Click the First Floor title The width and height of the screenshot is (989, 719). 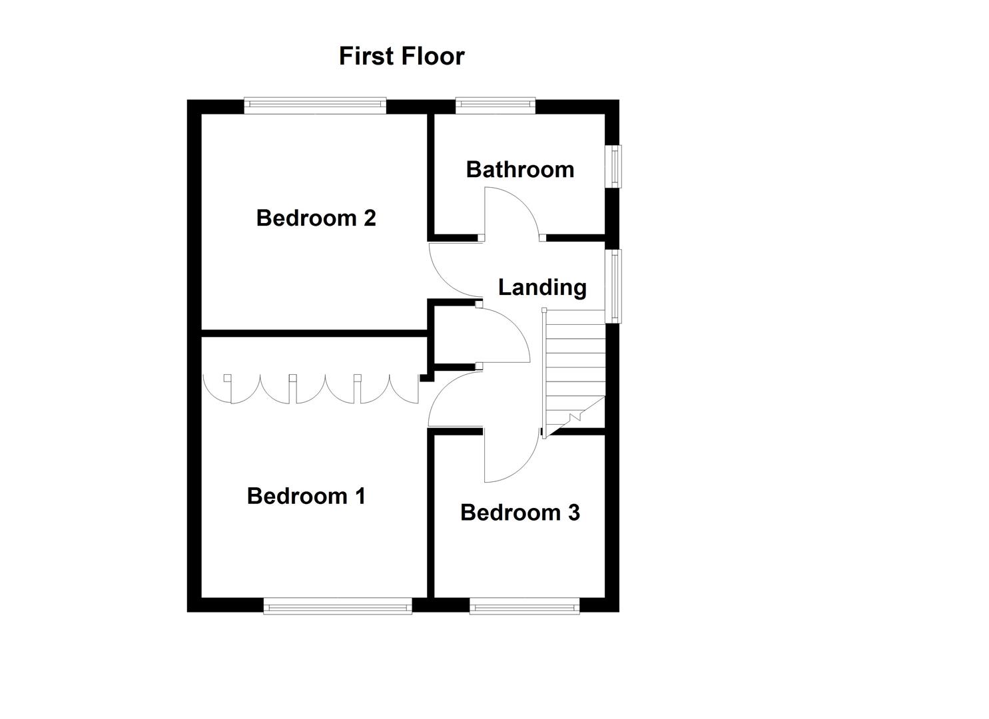pos(402,56)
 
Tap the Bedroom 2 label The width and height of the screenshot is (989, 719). pos(316,218)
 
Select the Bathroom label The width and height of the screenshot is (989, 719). pos(519,169)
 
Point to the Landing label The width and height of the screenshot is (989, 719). pos(542,287)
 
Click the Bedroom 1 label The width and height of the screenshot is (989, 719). pos(306,496)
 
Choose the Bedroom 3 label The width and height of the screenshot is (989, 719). pos(519,513)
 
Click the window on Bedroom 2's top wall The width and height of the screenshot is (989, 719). pos(315,105)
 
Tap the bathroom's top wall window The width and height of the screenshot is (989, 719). pos(495,105)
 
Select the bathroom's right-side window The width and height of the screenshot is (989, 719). pos(613,166)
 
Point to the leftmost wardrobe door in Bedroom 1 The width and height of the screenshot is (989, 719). pos(218,389)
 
